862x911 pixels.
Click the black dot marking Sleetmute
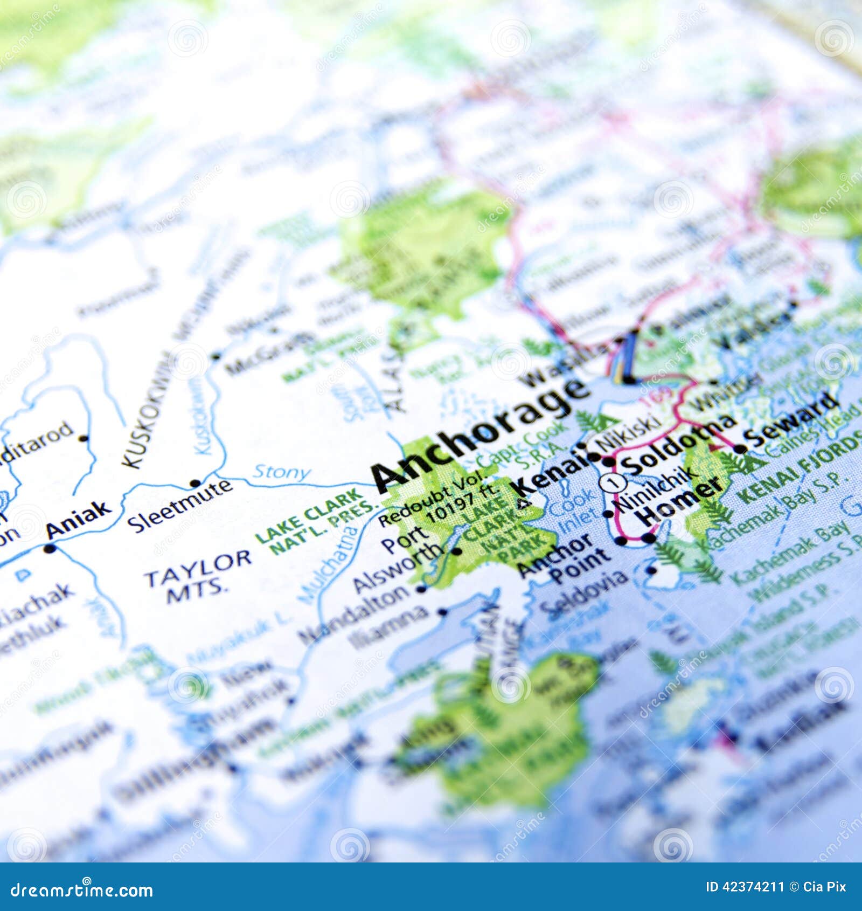pyautogui.click(x=195, y=483)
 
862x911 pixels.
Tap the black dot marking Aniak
pyautogui.click(x=50, y=549)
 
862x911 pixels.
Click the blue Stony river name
pyautogui.click(x=281, y=472)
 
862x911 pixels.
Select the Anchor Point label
pyautogui.click(x=563, y=561)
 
